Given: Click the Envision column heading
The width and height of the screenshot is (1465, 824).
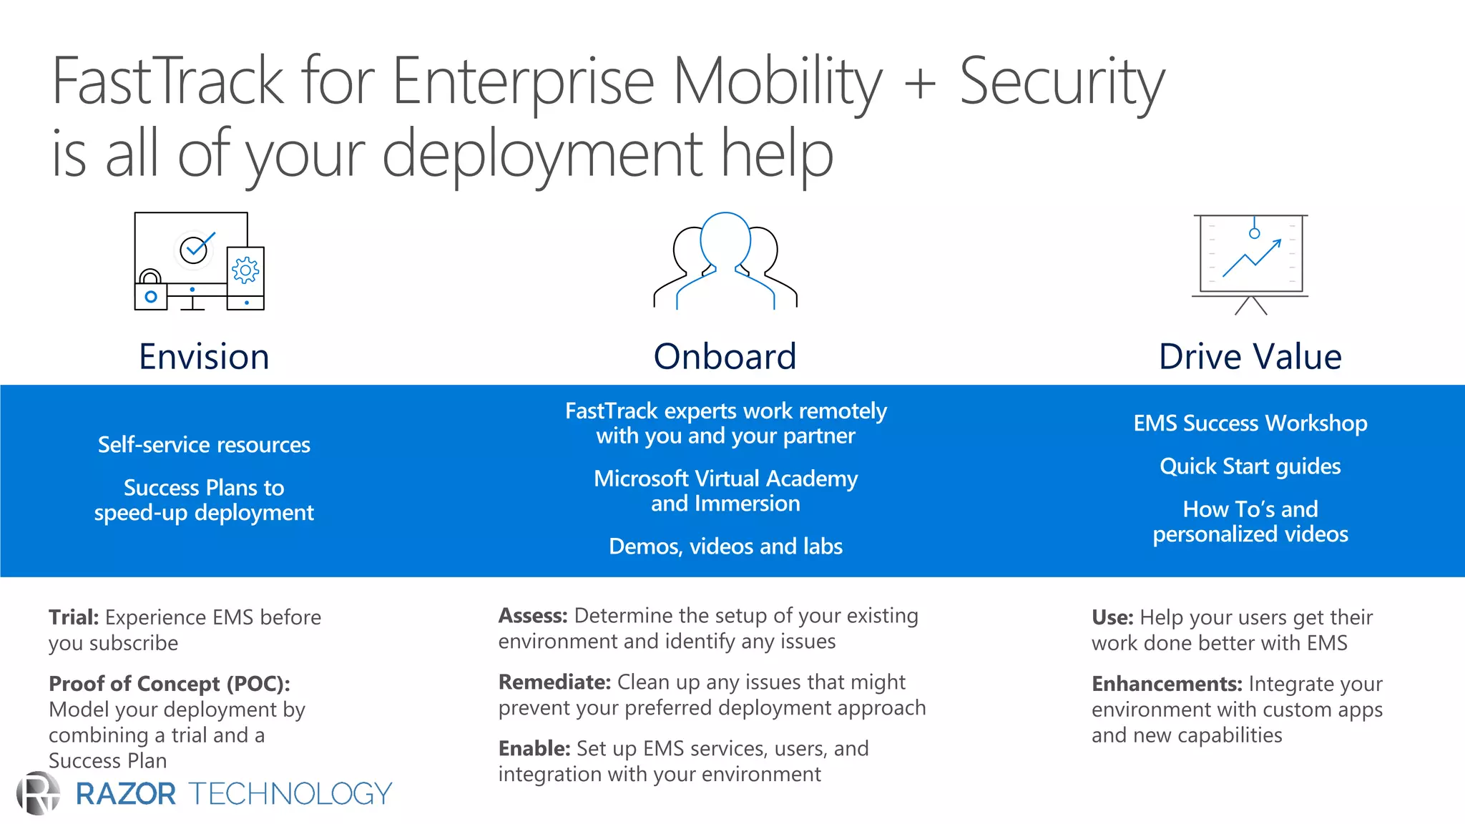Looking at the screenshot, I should coord(204,356).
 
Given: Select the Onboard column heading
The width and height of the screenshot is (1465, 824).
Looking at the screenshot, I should coord(725,356).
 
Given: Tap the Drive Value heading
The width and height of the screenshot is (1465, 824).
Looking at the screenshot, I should coord(1250,356).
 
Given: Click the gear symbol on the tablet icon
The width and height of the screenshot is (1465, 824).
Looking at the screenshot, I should coord(245,270).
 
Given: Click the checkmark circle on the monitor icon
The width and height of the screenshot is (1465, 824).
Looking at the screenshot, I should coord(194,250).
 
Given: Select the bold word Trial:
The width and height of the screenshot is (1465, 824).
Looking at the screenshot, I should coord(74,617).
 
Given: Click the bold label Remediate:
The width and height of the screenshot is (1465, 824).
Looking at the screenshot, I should coord(554,682).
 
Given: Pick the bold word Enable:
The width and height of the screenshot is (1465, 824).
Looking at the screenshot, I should coord(534,749).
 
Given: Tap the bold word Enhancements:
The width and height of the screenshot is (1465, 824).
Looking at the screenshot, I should coord(1167,685).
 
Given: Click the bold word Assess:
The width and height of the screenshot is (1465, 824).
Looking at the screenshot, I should coord(533,616).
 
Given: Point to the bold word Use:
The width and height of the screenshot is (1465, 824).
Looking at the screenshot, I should coord(1112,617).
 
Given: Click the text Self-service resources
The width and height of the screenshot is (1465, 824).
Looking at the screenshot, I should coord(204,445).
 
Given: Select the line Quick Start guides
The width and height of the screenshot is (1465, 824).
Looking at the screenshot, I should coord(1250,466).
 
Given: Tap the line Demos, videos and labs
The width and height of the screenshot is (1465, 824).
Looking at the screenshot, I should coord(725,546).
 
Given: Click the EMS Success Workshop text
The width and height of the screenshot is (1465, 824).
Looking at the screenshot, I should coord(1250,423).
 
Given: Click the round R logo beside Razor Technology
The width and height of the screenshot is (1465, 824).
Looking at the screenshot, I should coord(39,793).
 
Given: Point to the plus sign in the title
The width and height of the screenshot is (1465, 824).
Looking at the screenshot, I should coord(920,83).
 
